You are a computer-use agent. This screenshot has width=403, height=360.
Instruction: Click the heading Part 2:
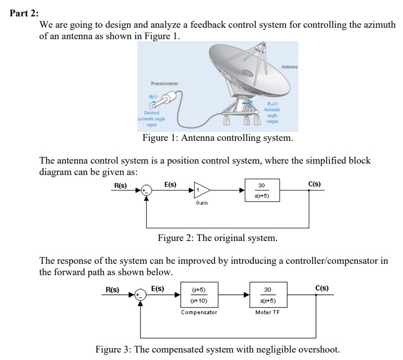pos(24,13)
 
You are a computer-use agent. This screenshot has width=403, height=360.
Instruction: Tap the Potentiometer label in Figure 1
pos(165,84)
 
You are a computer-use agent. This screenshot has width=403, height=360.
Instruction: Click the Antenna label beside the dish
pos(289,67)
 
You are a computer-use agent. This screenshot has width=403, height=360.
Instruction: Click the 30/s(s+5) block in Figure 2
pos(262,190)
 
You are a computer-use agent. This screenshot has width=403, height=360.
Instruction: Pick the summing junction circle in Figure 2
pos(147,190)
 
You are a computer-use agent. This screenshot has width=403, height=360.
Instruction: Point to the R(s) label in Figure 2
pos(120,185)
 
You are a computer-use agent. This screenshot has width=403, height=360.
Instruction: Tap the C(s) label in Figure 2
pos(314,184)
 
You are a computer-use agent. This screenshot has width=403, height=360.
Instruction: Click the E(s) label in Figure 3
pos(158,289)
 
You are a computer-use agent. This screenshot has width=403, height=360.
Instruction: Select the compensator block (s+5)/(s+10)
pos(199,295)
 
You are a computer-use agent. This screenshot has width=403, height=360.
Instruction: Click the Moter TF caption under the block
pos(267,312)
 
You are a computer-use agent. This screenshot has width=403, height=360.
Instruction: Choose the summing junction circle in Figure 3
pos(141,295)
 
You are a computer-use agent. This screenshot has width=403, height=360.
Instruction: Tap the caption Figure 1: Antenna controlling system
pos(218,138)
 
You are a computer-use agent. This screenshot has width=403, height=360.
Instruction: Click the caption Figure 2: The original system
pos(218,238)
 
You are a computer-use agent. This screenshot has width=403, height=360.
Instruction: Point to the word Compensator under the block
pos(199,312)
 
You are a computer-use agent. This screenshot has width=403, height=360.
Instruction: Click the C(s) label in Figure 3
pos(322,288)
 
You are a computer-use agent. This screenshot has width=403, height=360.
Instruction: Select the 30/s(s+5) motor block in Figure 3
pos(268,295)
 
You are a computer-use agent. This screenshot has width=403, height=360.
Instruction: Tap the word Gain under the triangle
pos(202,203)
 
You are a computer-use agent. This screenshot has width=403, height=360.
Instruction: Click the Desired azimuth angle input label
pos(152,119)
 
